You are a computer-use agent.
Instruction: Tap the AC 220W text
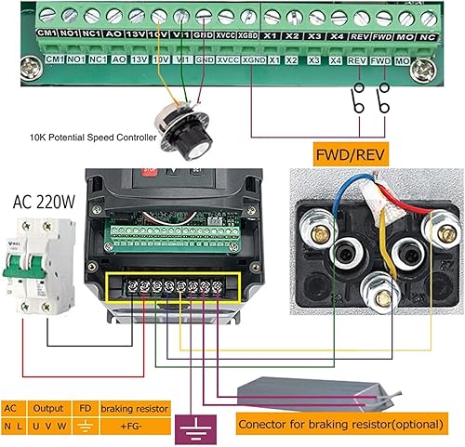(x=41, y=202)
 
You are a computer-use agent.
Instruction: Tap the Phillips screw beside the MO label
(x=426, y=68)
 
